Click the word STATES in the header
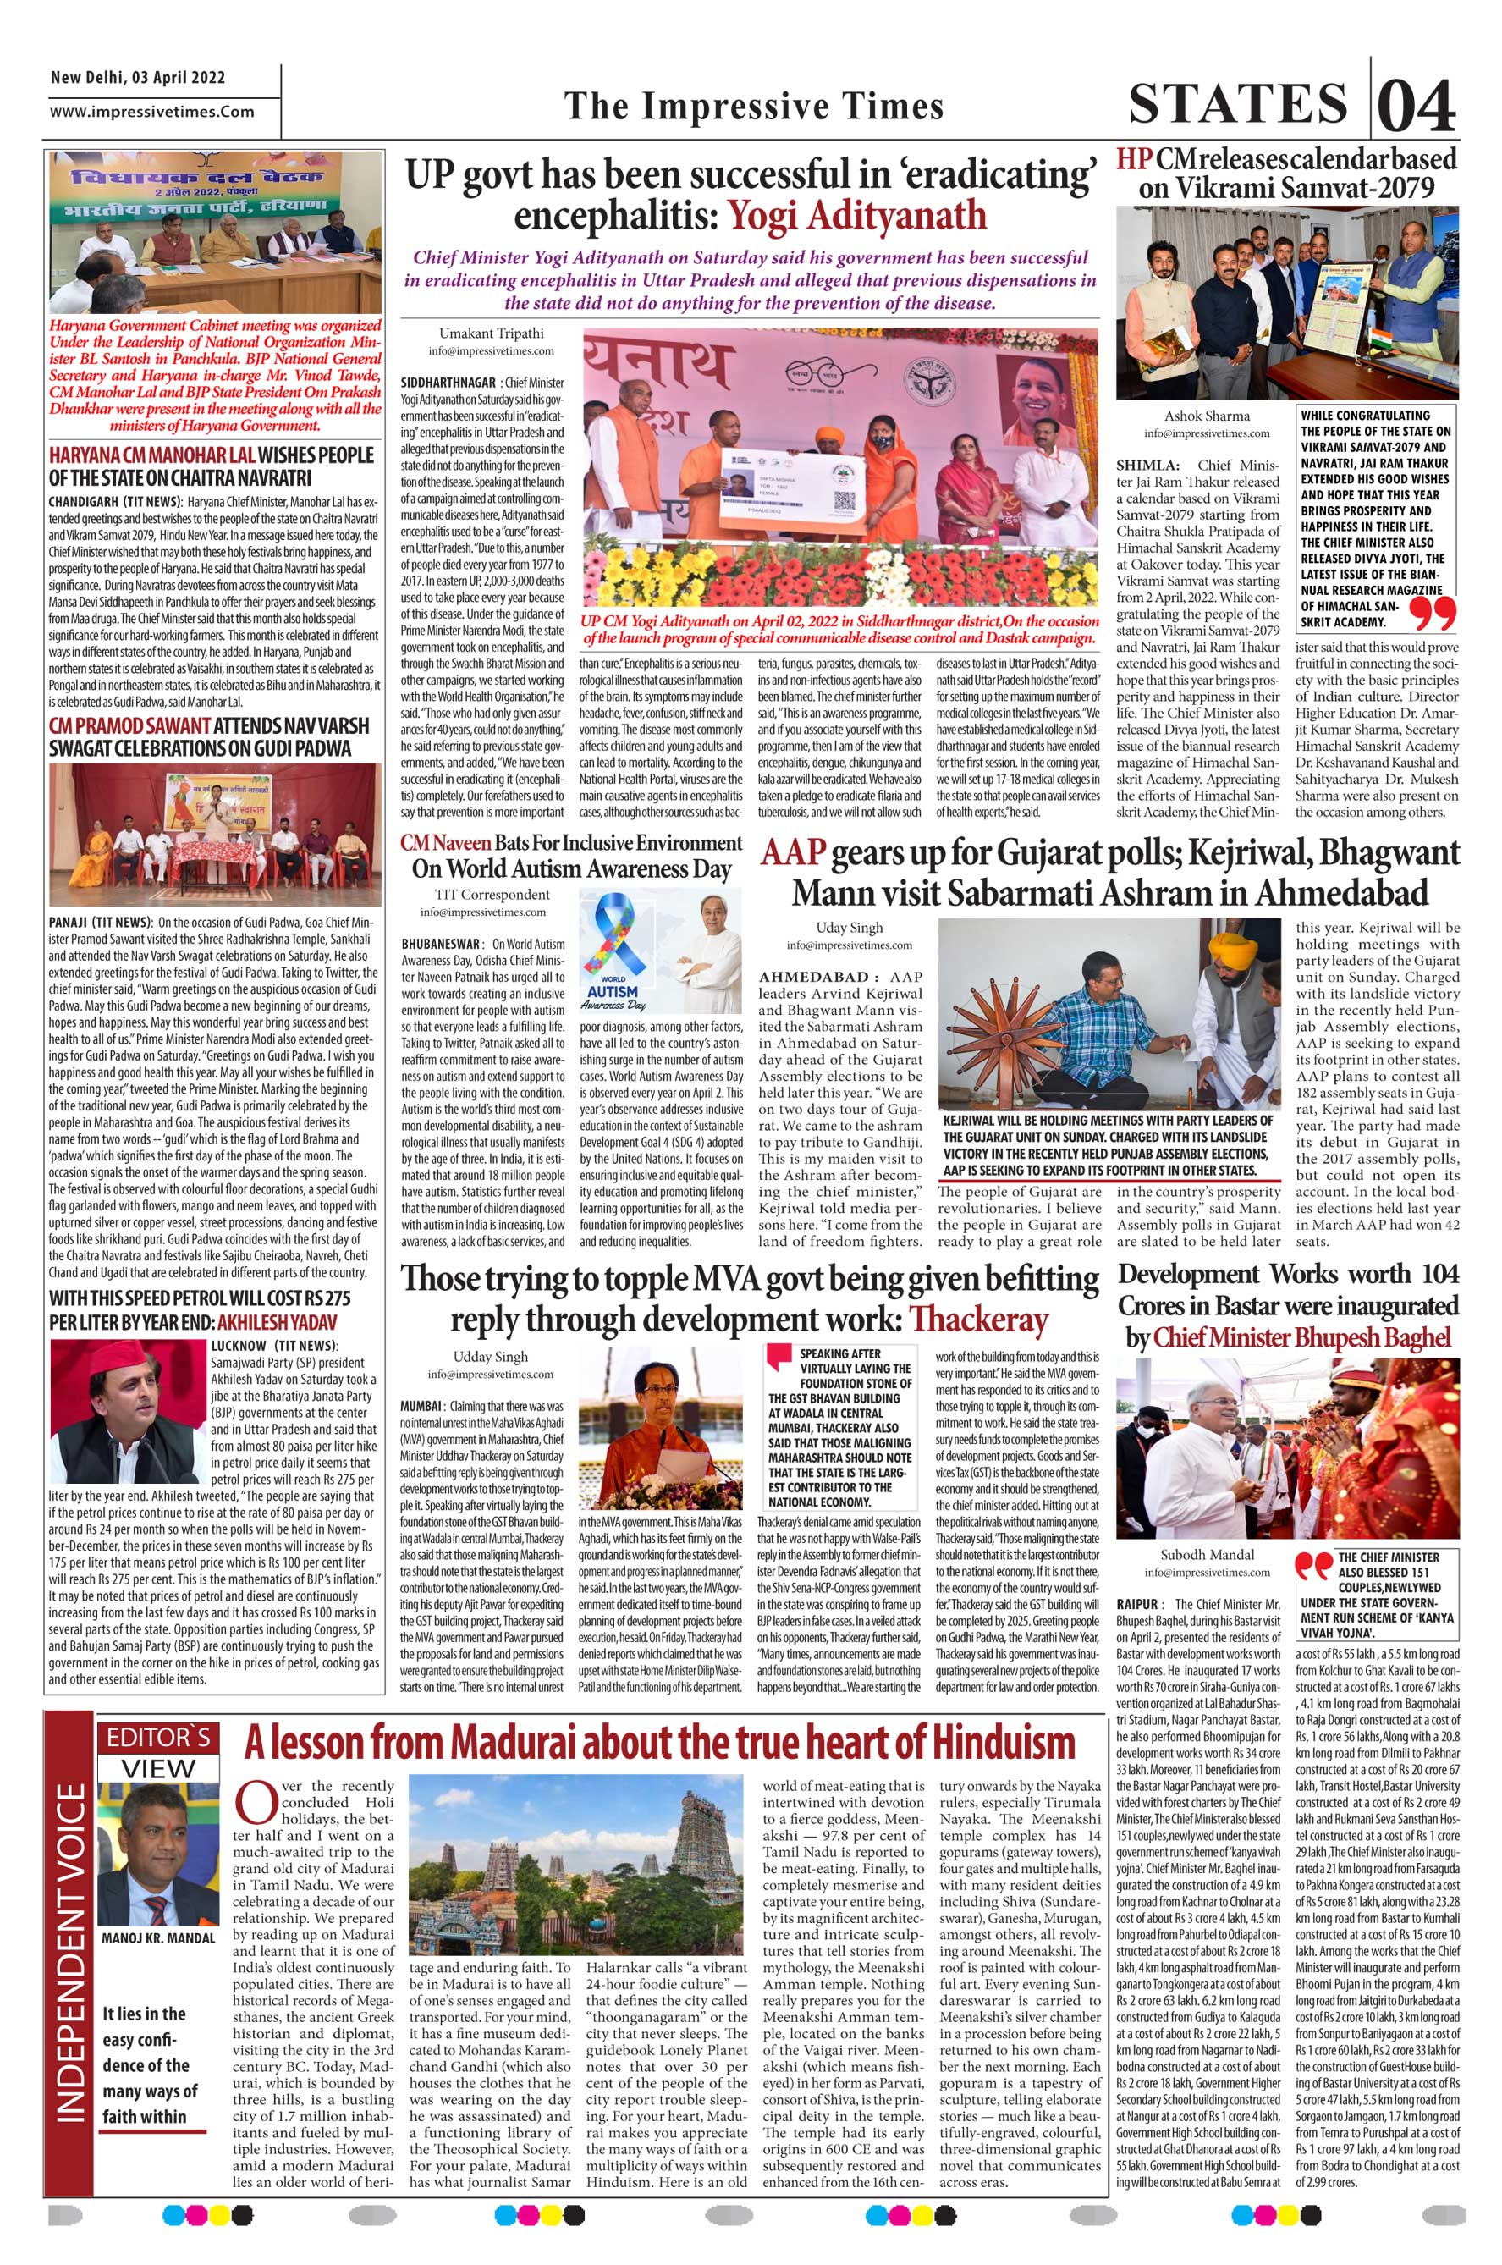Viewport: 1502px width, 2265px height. click(1239, 103)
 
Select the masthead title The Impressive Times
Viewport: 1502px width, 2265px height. click(754, 106)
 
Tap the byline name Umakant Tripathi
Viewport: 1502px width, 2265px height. click(492, 333)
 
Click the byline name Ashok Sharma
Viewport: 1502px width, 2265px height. click(1206, 415)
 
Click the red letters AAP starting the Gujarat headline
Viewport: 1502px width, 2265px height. click(792, 852)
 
